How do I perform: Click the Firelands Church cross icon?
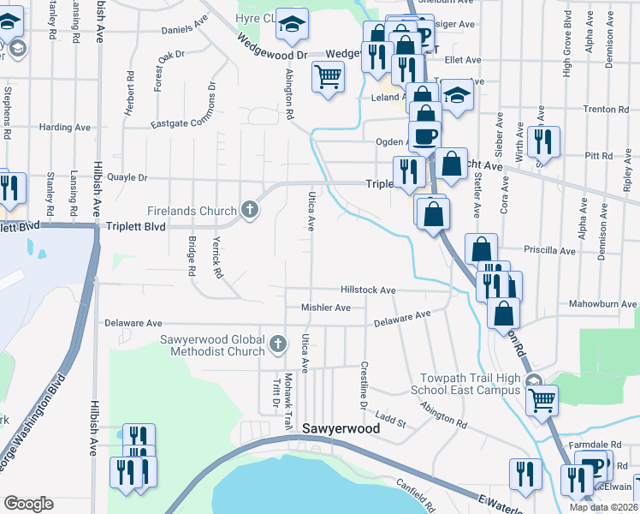pos(249,209)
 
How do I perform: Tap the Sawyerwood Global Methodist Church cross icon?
pos(277,344)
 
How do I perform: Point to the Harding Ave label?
pos(65,128)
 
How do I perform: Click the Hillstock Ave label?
pos(368,290)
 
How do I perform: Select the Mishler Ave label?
pos(326,308)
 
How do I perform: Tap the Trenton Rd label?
pos(606,110)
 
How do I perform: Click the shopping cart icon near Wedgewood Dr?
pos(329,79)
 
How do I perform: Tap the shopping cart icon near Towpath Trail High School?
pos(541,398)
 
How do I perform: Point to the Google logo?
pos(28,503)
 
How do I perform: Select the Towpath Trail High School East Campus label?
pos(471,384)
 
